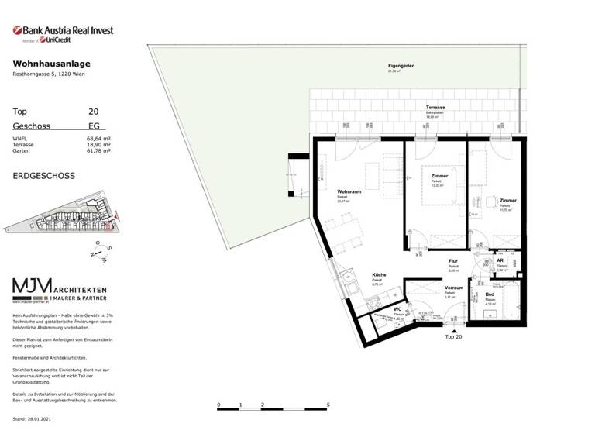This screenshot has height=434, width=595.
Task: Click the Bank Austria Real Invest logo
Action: (x=63, y=33)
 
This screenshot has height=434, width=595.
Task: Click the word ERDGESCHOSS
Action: (x=44, y=176)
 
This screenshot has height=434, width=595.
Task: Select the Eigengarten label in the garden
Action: (x=401, y=66)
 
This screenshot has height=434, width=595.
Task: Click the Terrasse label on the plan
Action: (x=434, y=106)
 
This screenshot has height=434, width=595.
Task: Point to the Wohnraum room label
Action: (x=350, y=191)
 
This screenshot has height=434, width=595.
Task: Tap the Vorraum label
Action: (x=454, y=288)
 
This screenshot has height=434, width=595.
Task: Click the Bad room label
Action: (x=490, y=294)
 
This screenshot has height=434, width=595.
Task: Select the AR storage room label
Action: (x=500, y=261)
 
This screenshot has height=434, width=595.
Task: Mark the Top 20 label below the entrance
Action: (x=453, y=338)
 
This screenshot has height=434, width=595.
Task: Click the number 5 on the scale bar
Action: (x=329, y=405)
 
